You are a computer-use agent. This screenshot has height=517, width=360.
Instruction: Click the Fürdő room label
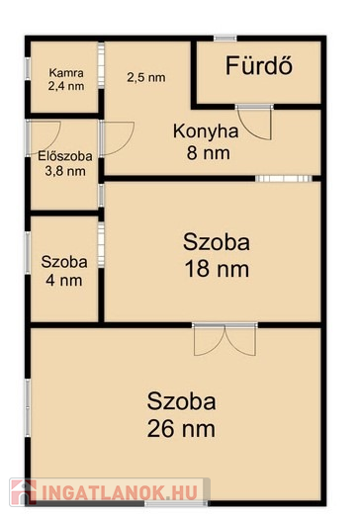(259, 65)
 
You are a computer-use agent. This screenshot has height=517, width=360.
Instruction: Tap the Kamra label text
(66, 72)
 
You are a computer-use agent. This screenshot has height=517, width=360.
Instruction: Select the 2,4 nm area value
(66, 86)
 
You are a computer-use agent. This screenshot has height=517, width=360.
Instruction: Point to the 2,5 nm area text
(146, 77)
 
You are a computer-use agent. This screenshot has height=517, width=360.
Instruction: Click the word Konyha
(206, 131)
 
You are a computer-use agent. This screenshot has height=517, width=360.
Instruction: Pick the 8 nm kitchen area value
(209, 153)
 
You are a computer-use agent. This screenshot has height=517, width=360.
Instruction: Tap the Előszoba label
(65, 155)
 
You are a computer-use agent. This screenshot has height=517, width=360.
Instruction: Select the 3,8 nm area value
(65, 171)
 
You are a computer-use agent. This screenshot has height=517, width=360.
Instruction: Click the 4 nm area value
(64, 281)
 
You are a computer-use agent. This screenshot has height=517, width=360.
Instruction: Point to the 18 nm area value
(217, 269)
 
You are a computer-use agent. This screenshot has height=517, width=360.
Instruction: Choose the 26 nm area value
(181, 429)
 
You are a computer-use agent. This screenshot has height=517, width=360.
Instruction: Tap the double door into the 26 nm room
(225, 340)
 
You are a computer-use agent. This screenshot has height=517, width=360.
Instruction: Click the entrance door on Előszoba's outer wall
(44, 138)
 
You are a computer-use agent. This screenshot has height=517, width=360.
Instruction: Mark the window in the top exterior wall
(225, 39)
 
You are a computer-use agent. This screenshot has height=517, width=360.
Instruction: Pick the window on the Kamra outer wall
(28, 68)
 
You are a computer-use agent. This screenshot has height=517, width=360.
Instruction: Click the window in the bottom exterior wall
(176, 503)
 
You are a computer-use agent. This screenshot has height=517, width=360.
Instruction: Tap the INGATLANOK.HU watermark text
(119, 492)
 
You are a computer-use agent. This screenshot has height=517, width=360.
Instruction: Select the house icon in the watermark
(23, 492)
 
